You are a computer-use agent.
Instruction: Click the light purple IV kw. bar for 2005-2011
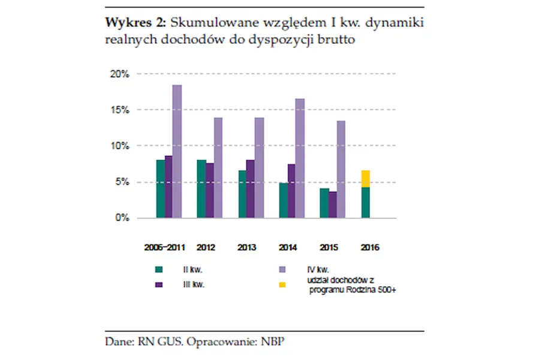point(177,151)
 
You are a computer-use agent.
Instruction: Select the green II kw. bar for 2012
point(201,188)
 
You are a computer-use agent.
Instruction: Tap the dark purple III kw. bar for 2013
point(251,188)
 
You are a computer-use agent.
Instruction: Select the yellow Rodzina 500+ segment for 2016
point(365,179)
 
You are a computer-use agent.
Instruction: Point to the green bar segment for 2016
point(365,202)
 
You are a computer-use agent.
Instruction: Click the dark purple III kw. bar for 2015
point(333,205)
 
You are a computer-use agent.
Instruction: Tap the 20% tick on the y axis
point(120,74)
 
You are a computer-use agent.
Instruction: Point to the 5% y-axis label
point(122,182)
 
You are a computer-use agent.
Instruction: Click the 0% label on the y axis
point(122,218)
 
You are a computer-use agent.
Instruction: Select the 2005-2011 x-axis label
point(164,247)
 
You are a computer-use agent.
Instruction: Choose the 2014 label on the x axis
point(287,247)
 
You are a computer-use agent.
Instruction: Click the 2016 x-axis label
point(369,247)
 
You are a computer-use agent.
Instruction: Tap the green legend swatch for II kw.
point(157,269)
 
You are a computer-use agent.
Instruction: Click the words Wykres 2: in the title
point(136,23)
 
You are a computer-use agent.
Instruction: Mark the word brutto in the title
point(337,40)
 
